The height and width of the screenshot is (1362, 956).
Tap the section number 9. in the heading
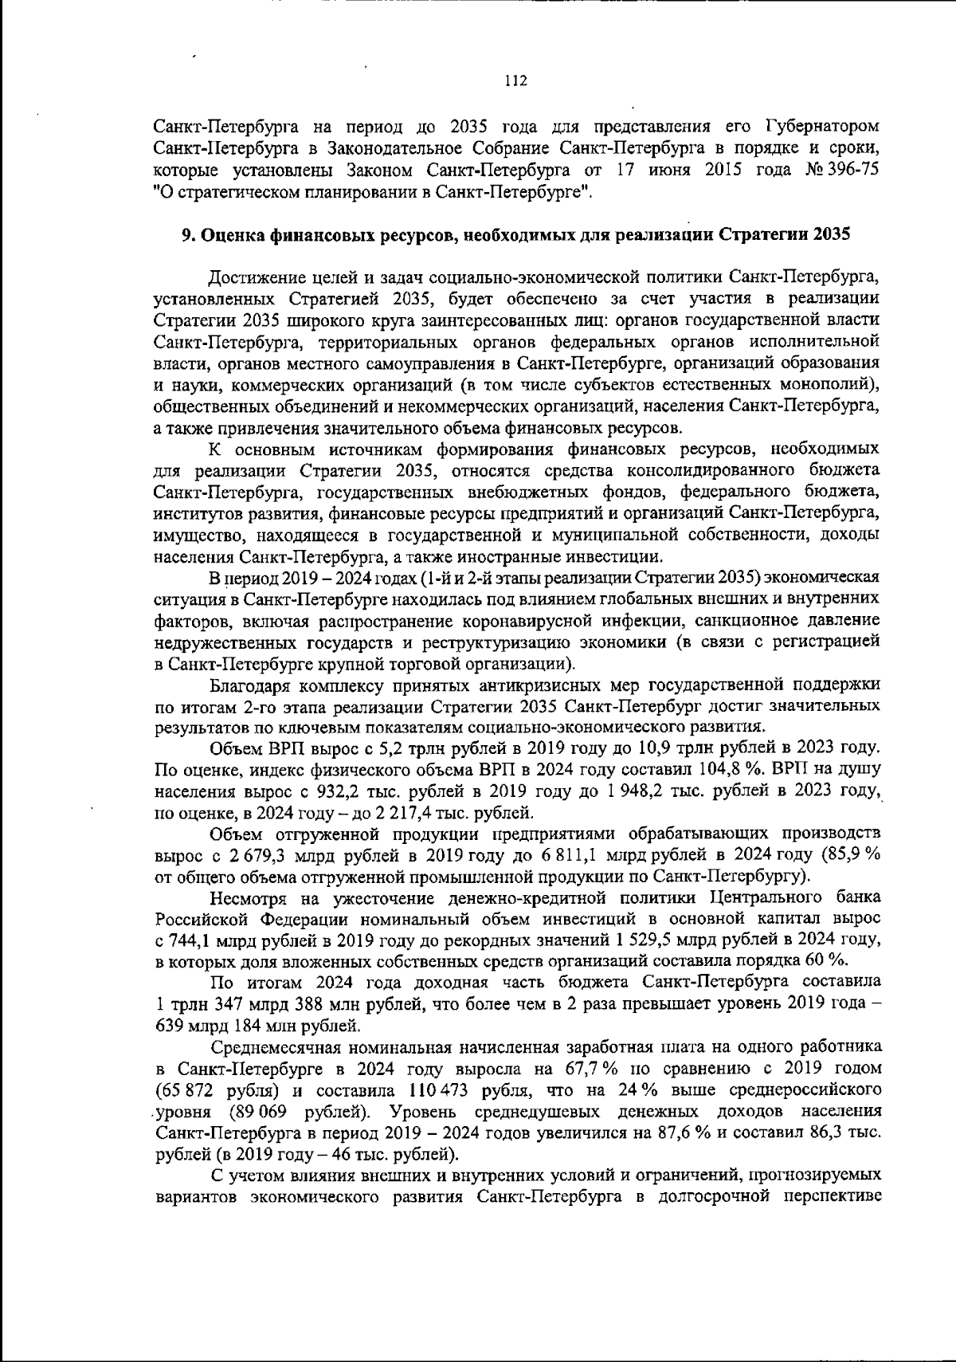pyautogui.click(x=188, y=235)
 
